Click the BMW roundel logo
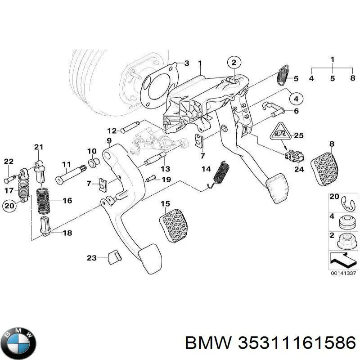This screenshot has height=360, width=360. tap(18, 343)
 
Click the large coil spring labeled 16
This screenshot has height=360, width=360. tap(42, 201)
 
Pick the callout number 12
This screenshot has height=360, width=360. tap(112, 130)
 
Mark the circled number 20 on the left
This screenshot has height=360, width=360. tap(9, 206)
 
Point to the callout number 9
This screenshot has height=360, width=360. tap(108, 141)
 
